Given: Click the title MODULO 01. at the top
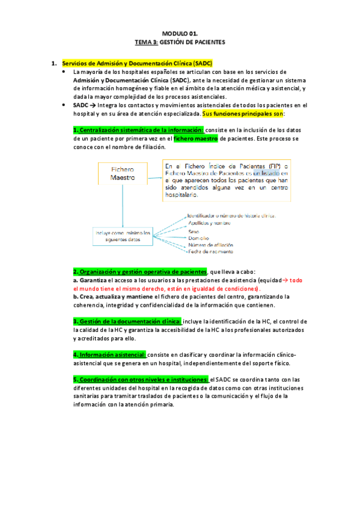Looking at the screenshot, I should (180, 35).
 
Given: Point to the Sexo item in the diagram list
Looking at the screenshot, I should (194, 230).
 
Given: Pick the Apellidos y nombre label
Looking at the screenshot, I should (209, 222).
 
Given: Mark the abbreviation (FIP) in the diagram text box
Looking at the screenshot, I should (274, 165).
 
